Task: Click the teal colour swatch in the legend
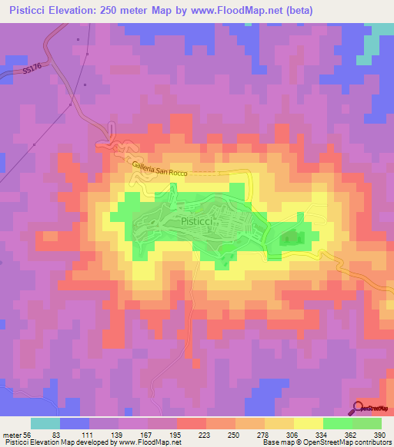(x=45, y=423)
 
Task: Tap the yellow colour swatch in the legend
(x=308, y=423)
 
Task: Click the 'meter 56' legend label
(x=18, y=435)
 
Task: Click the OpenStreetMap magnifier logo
(x=359, y=407)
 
